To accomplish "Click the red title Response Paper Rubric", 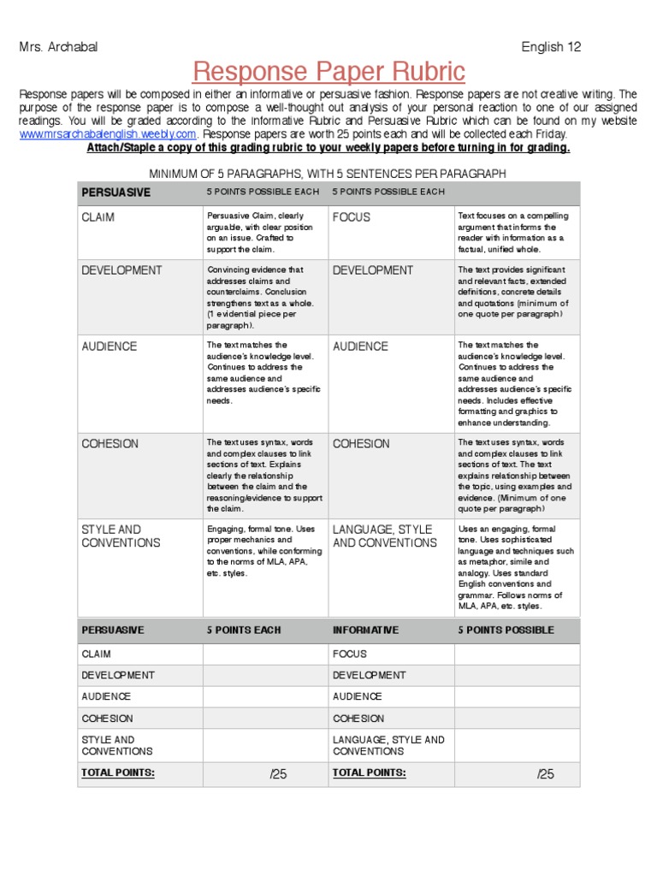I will pos(328,70).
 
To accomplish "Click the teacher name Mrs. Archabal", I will pos(58,47).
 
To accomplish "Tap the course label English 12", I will pos(551,47).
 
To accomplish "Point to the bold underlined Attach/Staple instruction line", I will pos(328,147).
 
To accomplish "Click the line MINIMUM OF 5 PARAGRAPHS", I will pos(328,174).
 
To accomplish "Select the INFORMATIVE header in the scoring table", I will pos(365,630).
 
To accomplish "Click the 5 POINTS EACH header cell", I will pos(244,630).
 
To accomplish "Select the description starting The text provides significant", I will pos(513,292).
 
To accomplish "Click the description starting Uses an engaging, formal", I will pos(513,567).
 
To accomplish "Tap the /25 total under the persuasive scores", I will pos(278,774).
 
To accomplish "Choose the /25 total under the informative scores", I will pos(545,774).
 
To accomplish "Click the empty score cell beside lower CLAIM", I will pos(264,654).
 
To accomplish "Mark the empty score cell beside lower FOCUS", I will pos(516,654).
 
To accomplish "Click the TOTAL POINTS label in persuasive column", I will pos(118,772).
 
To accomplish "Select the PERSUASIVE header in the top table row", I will pos(115,192).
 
